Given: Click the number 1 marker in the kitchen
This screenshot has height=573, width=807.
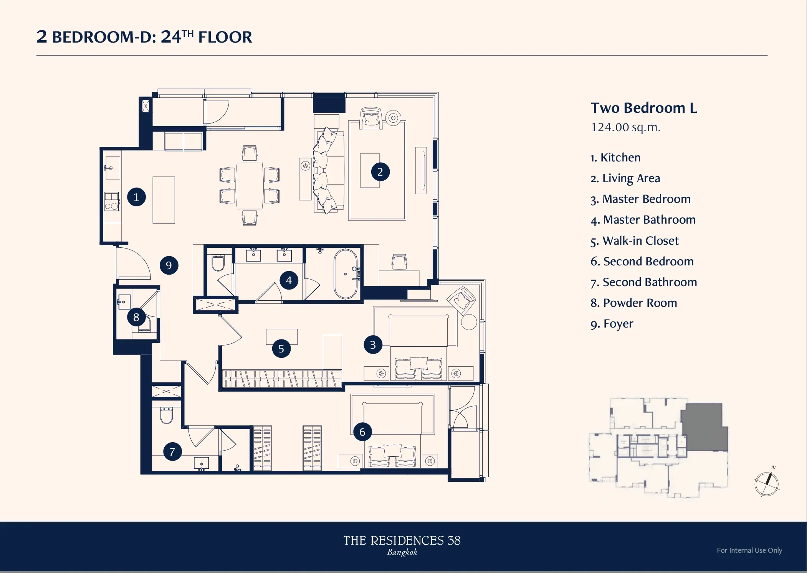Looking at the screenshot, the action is tap(136, 197).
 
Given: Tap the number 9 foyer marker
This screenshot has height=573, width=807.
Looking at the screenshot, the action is tap(169, 265).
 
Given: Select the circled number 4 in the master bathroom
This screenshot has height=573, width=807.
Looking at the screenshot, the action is tap(289, 280).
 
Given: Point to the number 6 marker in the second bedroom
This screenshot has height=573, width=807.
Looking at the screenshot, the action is tap(362, 432).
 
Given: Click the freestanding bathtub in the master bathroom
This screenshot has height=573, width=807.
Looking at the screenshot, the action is tap(346, 274).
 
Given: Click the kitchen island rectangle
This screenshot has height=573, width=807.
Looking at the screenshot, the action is tap(164, 200).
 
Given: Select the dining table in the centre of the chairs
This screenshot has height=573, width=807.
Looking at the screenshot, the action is tap(250, 186).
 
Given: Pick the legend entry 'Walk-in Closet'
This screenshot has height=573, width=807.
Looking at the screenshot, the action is tap(640, 240).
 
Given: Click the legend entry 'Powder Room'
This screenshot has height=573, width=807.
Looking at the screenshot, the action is tap(640, 303).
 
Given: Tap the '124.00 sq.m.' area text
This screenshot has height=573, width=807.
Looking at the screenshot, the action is tap(625, 127).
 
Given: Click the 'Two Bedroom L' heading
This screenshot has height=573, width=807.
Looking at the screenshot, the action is tap(644, 108).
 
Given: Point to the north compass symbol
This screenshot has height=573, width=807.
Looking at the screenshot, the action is tap(767, 482).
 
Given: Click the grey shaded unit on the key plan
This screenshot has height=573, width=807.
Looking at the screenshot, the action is tap(705, 427).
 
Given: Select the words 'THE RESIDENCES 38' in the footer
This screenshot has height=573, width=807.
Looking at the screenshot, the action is tap(402, 540).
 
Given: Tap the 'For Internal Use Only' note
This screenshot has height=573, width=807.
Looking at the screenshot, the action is tap(749, 550).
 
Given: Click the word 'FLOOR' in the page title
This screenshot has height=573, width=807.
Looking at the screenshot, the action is tap(225, 37).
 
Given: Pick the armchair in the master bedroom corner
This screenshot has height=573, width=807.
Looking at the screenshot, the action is tap(461, 299).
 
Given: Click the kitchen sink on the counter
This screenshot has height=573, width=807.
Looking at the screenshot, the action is tap(113, 168).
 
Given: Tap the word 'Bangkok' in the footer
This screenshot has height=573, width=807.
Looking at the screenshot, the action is tap(402, 552).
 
